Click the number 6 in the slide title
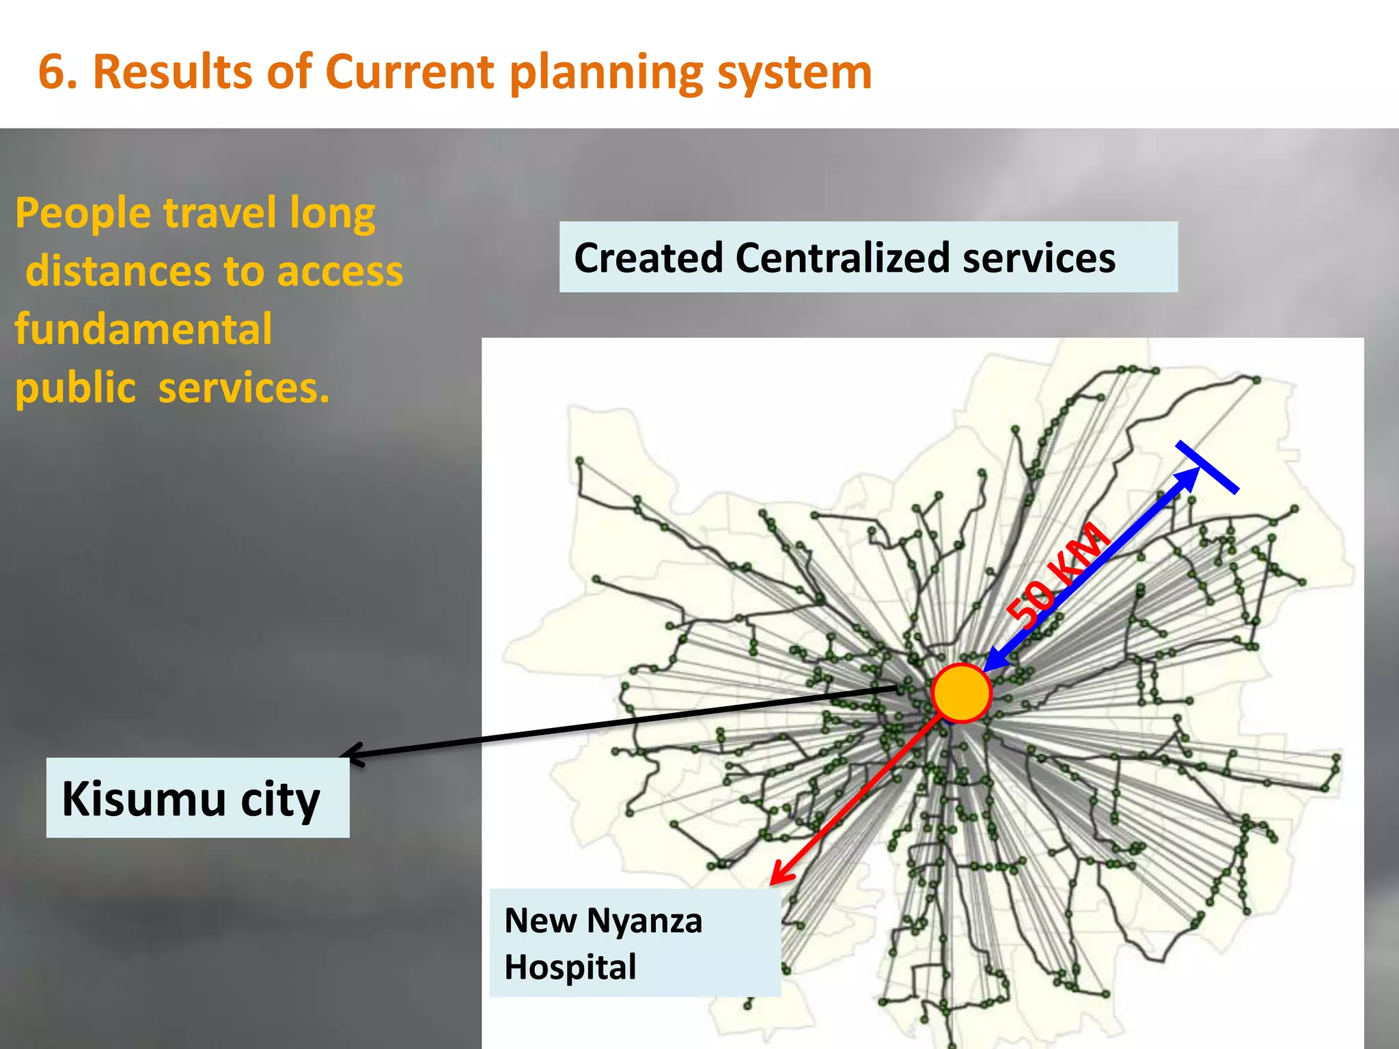tap(52, 72)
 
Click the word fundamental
tap(143, 329)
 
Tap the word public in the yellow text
tap(76, 389)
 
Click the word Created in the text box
tap(648, 258)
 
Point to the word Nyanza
tap(644, 921)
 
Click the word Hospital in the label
tap(570, 967)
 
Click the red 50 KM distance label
tap(1057, 574)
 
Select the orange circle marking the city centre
tap(961, 693)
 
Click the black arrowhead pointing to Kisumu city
tap(352, 754)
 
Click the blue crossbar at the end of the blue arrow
tap(1207, 467)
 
